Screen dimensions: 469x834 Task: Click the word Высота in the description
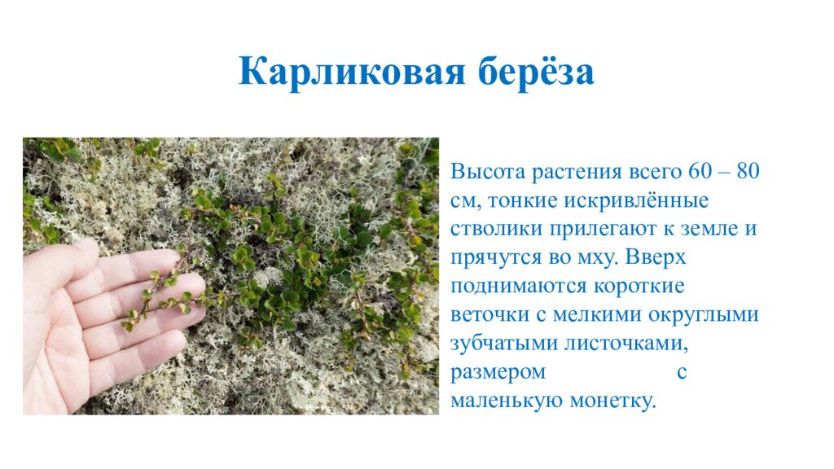(487, 173)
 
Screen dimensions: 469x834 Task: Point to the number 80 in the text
(747, 173)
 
